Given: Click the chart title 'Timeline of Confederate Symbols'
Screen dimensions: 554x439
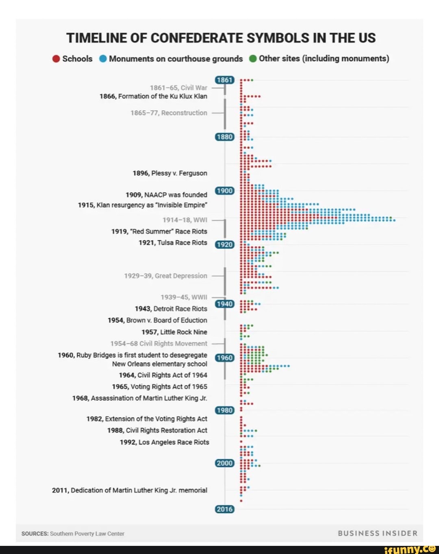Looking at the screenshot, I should point(221,38).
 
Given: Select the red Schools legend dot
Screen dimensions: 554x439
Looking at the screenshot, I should point(57,59).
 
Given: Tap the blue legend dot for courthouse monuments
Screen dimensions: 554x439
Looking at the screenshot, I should point(103,59).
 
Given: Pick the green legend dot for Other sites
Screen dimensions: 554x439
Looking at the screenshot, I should point(253,59).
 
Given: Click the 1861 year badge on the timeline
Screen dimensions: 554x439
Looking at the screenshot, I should point(224,80).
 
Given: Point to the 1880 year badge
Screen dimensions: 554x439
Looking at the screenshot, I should point(224,137).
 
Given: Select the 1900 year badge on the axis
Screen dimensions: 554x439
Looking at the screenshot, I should point(224,191).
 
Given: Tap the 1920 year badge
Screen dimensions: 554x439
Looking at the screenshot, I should point(224,244).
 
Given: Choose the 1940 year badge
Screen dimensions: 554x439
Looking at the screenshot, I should point(224,304).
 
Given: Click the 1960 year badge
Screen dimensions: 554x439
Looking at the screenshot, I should point(224,358).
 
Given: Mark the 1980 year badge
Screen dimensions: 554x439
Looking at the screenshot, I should point(224,410).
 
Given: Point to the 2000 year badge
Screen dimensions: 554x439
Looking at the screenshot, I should point(224,463).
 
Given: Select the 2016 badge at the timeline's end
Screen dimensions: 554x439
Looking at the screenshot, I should point(224,509).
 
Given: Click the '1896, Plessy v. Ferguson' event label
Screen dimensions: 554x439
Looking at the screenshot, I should point(170,173).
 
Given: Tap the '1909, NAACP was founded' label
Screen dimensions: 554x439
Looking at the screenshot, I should point(166,195).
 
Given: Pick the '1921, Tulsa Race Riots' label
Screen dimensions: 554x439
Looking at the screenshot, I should point(173,243).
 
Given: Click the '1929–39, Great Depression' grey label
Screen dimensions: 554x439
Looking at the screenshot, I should point(165,276).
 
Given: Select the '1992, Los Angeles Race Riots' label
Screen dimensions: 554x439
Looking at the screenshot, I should point(164,442).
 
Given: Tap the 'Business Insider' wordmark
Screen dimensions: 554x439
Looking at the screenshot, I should point(378,533).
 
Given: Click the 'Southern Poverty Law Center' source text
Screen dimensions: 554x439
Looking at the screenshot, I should point(87,534).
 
